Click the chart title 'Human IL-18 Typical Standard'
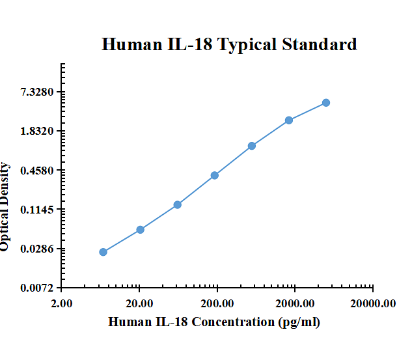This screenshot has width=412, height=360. tap(229, 44)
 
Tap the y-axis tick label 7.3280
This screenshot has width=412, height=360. tap(37, 92)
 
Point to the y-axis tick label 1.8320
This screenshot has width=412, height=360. tap(37, 131)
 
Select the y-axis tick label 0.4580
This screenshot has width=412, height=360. tap(37, 171)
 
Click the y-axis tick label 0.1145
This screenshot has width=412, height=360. tap(37, 210)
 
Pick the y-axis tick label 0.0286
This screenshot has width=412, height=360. tap(37, 249)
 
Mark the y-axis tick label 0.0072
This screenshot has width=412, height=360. tap(37, 288)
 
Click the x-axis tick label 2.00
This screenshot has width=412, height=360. tap(62, 303)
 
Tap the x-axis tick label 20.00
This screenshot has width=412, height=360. tap(139, 303)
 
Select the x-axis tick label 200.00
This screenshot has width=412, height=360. tap(217, 303)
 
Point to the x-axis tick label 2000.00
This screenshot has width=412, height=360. tap(295, 303)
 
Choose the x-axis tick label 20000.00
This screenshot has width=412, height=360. tap(372, 303)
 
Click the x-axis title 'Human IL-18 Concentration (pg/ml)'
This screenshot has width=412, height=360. tap(214, 322)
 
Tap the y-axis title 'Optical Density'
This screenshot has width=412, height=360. tap(5, 206)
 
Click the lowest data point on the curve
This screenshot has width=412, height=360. tap(103, 252)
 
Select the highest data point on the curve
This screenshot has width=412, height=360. tap(326, 103)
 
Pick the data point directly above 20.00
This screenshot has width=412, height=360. tap(140, 230)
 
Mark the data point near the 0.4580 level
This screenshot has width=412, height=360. tap(215, 175)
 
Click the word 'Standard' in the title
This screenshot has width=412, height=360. tap(319, 44)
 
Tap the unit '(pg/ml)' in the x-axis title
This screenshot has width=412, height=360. tap(298, 322)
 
